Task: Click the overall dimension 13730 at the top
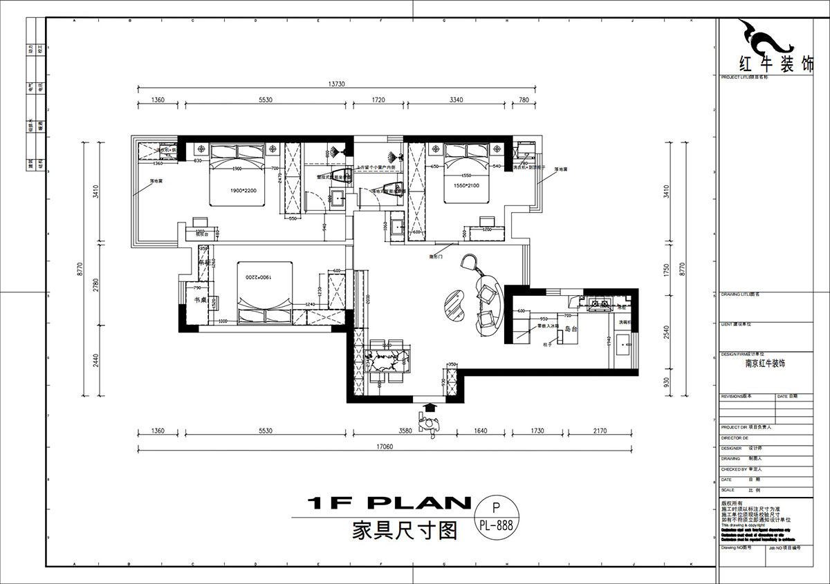[x=337, y=84]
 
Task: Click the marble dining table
[x=388, y=362]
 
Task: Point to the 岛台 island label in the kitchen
[x=571, y=330]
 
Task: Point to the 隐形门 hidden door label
[x=436, y=256]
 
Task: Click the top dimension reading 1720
[x=378, y=100]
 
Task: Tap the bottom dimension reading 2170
[x=600, y=431]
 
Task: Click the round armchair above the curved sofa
[x=472, y=262]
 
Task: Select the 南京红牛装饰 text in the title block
[x=764, y=364]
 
